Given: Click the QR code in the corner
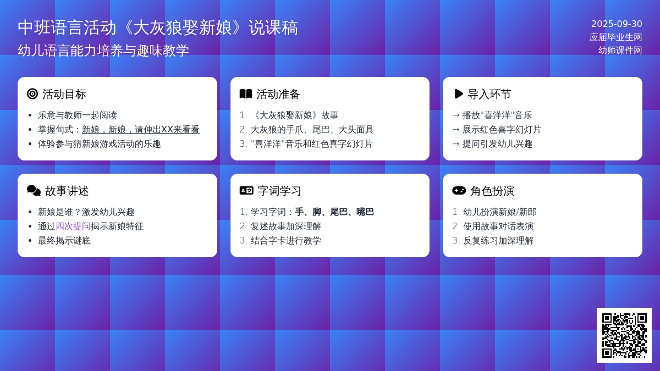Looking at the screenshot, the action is tap(624, 335).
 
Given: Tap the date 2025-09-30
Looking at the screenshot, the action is tap(617, 24).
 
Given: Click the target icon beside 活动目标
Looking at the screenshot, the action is tap(32, 94).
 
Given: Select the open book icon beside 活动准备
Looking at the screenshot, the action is tap(246, 94).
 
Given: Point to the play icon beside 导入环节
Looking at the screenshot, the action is tap(459, 94).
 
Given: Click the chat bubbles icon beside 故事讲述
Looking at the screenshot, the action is tap(34, 191).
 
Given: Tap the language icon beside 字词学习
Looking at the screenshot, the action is tap(246, 191).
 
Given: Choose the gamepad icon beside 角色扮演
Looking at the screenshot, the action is tap(459, 191).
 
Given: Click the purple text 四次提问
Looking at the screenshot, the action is tap(73, 226).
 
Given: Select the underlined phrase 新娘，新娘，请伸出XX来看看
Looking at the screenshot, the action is tap(141, 130).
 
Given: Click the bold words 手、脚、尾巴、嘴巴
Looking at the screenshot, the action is tap(334, 212).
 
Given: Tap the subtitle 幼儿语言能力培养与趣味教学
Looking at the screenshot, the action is tap(103, 51).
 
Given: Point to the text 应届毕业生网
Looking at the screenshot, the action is tap(616, 37).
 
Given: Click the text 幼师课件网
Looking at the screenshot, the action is tap(620, 51).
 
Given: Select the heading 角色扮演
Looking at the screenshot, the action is tap(492, 191).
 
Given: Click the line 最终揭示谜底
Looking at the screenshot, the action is tap(64, 241).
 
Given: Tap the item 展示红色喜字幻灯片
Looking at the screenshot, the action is tap(502, 130).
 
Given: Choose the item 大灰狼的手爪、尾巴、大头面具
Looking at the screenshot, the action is tap(312, 130).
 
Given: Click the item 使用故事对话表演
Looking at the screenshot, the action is tap(498, 226).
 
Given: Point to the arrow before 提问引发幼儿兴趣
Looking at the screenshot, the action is tap(456, 144).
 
